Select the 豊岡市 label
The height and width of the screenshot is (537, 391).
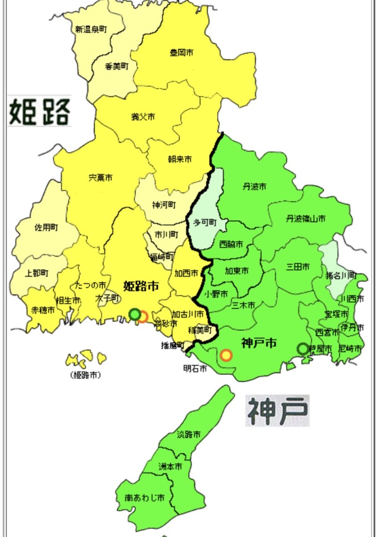tap(181, 53)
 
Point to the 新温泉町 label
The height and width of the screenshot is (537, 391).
tap(91, 30)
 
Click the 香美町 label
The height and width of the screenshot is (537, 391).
tap(117, 66)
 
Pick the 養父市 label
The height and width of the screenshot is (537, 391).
tap(143, 117)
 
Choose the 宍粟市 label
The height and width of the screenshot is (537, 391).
tap(101, 178)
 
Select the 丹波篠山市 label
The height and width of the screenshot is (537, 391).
tap(306, 219)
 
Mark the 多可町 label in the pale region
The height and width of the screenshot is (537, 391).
tap(204, 222)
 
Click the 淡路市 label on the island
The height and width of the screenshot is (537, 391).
tap(188, 434)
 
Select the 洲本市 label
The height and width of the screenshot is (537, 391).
tap(170, 466)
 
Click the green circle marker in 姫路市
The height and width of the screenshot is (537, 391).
tap(134, 315)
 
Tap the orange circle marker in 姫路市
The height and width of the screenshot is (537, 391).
tap(143, 317)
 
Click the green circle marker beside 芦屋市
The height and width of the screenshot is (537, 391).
tap(303, 349)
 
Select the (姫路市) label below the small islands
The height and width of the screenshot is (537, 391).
tap(85, 375)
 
